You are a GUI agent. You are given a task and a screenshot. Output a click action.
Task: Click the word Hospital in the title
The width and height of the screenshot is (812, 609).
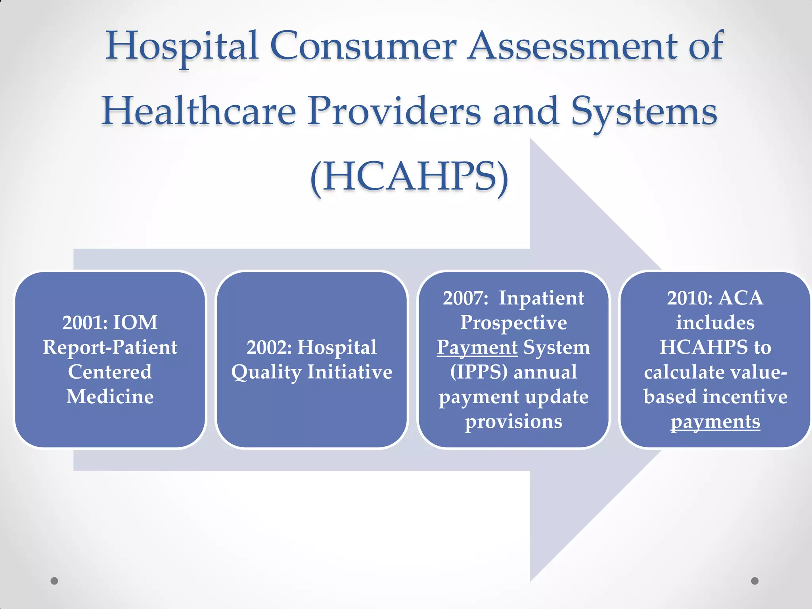coord(182,47)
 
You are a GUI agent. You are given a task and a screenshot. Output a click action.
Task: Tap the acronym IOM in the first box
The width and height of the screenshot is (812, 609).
coord(135,323)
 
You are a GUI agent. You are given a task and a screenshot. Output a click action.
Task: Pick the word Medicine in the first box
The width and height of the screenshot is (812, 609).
coord(110,397)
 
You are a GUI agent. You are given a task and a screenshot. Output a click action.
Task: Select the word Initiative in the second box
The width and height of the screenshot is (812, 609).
coord(350,372)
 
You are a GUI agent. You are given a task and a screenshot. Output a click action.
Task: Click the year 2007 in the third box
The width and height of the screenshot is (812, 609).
coord(465,298)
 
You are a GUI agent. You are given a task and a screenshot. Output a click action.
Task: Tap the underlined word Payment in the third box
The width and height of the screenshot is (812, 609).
coord(477,348)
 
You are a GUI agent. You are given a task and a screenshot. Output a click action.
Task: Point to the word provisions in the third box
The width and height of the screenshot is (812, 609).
coord(513,421)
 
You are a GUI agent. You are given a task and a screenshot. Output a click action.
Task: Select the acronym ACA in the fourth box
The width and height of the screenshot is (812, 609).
coord(741,298)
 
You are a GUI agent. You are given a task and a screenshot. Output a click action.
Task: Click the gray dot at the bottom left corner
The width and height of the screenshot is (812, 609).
coord(54,581)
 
